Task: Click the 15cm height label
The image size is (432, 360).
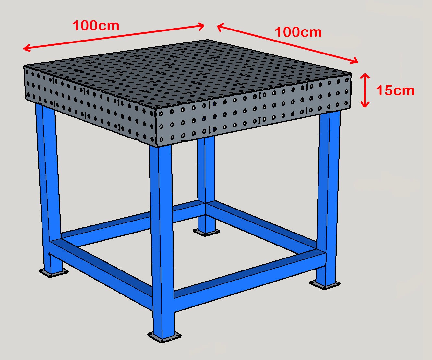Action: click(395, 90)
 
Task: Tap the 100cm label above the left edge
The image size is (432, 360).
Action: click(96, 26)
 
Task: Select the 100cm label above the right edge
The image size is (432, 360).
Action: click(298, 32)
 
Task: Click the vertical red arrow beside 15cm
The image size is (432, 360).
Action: click(365, 90)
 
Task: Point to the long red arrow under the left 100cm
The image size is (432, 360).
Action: click(114, 37)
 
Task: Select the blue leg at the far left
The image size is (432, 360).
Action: click(49, 182)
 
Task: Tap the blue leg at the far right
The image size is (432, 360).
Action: click(328, 195)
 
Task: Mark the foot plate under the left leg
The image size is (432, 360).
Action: click(54, 272)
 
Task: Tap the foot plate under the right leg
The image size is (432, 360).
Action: click(325, 284)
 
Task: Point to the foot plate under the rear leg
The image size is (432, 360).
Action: click(206, 232)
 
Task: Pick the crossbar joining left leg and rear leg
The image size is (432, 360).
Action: click(130, 221)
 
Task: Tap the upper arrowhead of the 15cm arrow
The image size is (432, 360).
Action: click(365, 75)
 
